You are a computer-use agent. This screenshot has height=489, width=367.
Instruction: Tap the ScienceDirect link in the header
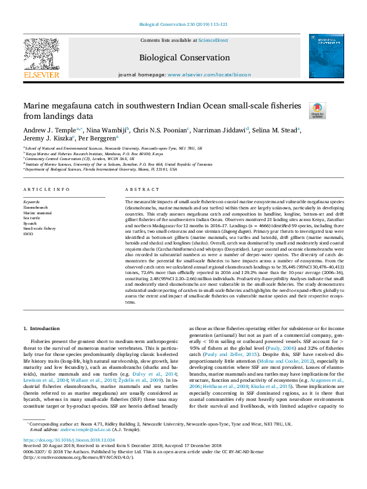click(213, 40)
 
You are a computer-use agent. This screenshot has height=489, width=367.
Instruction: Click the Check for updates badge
click(317, 111)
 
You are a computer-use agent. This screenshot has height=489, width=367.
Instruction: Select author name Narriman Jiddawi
click(223, 130)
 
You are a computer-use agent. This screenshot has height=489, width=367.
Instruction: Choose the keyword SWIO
click(29, 233)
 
